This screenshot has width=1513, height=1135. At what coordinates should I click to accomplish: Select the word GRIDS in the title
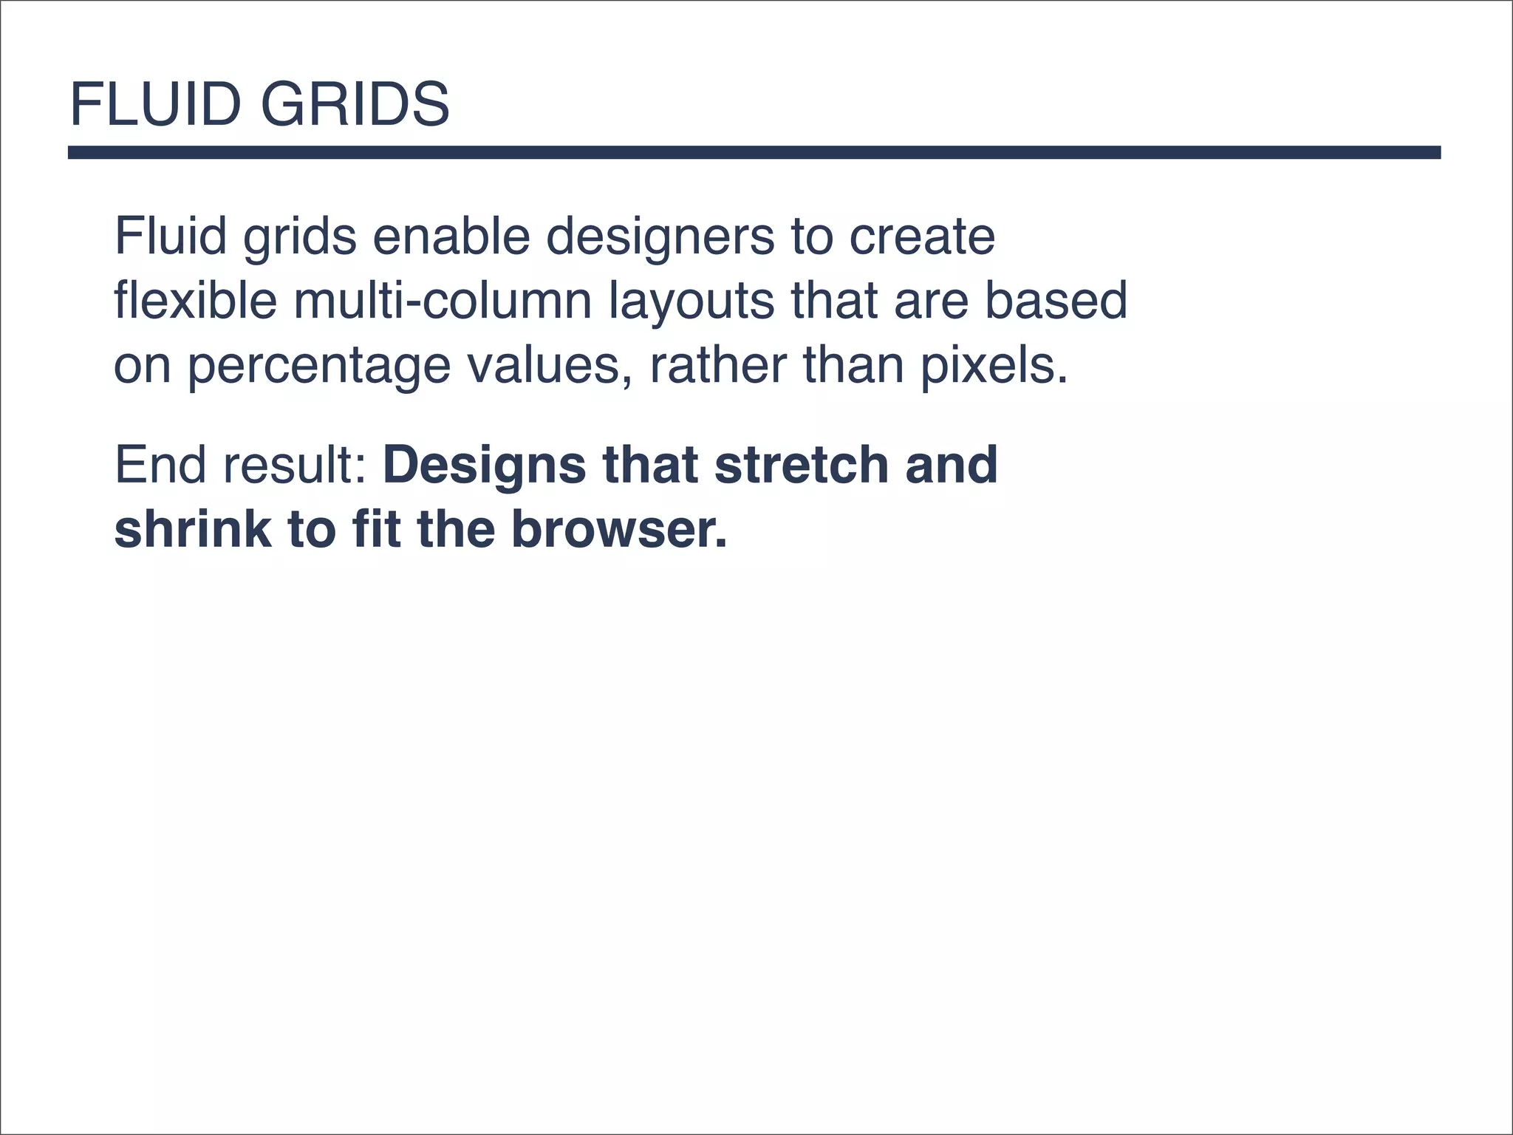pyautogui.click(x=355, y=104)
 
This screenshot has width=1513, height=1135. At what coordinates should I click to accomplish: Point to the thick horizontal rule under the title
pyautogui.click(x=754, y=152)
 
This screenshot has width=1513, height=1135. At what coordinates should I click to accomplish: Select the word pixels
pyautogui.click(x=994, y=365)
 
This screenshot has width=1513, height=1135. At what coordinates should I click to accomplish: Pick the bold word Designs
pyautogui.click(x=484, y=466)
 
